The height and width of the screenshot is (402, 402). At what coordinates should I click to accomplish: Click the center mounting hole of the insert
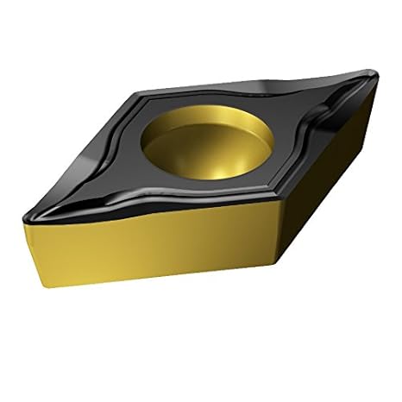point(204,138)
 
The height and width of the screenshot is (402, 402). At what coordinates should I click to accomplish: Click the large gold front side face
point(155,259)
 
